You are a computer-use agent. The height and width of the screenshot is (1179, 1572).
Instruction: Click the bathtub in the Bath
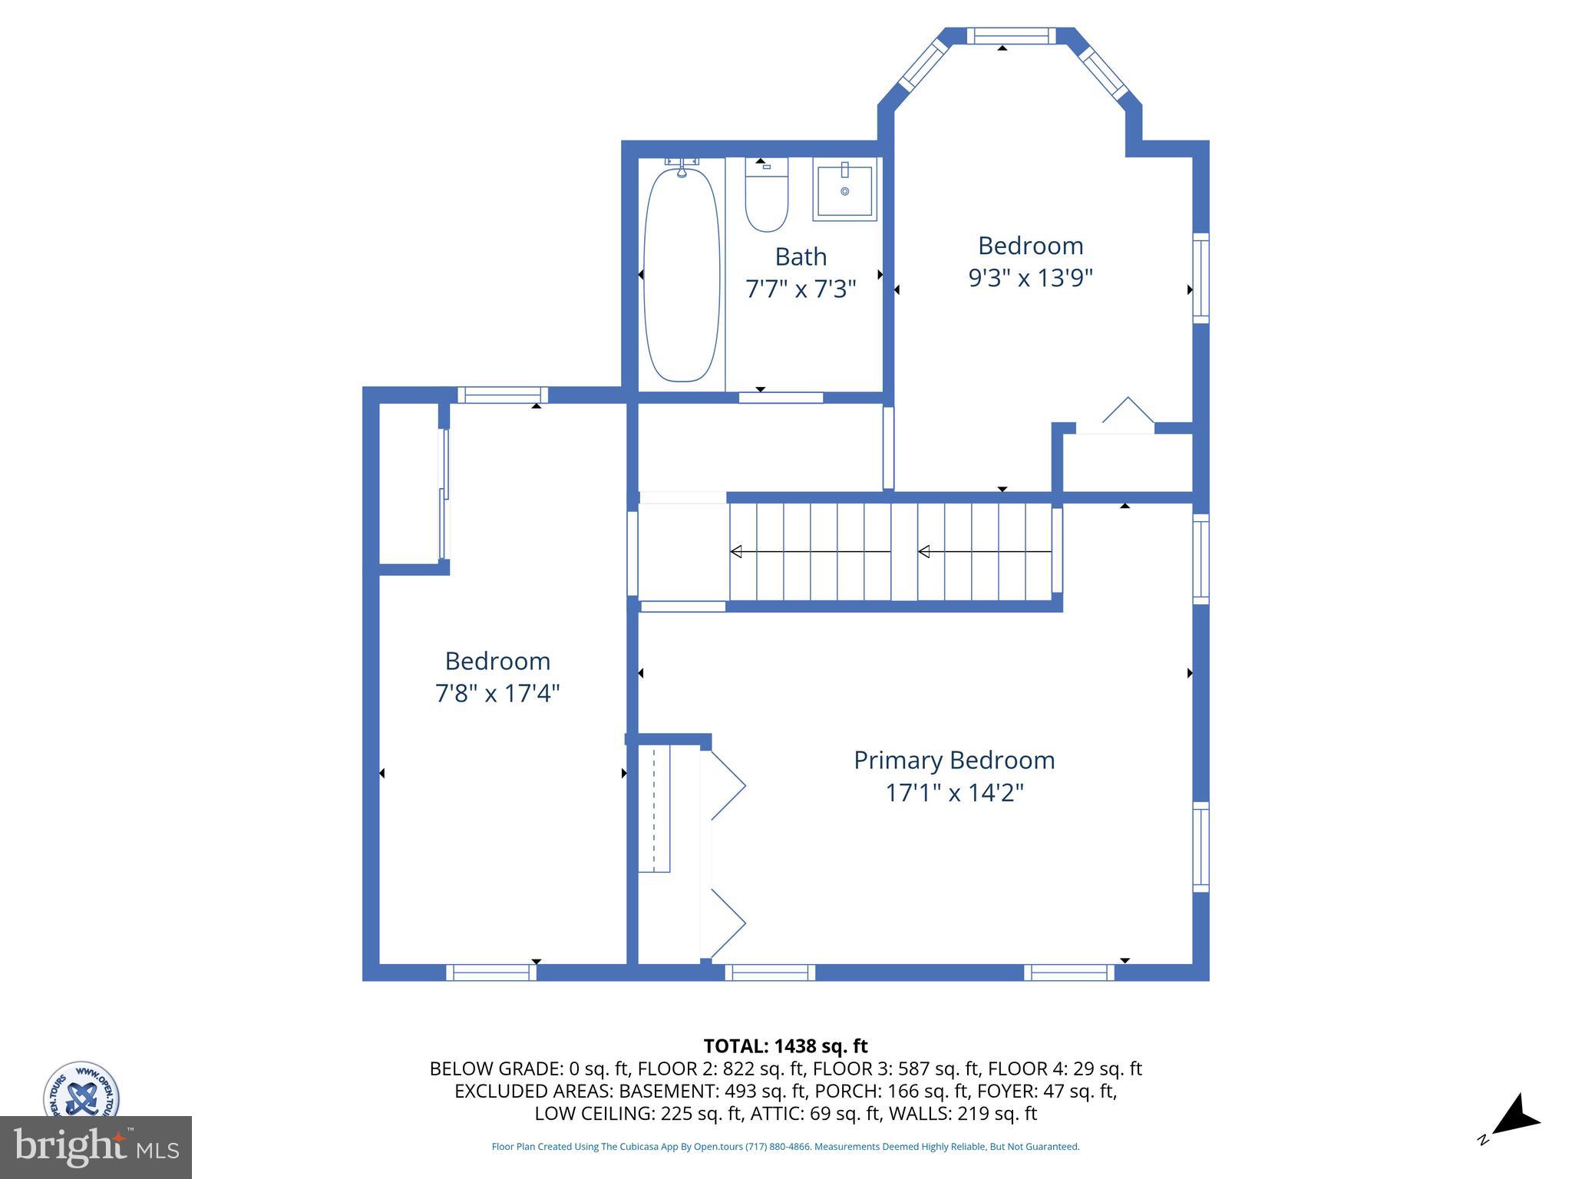[682, 274]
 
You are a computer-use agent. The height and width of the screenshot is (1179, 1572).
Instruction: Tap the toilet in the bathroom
[766, 195]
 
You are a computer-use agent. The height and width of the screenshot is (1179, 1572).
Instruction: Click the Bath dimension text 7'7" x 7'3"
[801, 289]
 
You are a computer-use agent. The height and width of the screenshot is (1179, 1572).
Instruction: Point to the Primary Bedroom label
[954, 760]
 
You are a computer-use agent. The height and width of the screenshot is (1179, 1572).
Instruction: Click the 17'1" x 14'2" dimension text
[955, 792]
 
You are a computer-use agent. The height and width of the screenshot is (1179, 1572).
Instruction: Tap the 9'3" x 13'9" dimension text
[1030, 277]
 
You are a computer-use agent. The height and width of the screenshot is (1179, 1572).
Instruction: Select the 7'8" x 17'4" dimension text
[497, 693]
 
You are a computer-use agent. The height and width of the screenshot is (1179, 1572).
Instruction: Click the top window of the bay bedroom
[1010, 35]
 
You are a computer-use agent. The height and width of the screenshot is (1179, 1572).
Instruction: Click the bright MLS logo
[96, 1147]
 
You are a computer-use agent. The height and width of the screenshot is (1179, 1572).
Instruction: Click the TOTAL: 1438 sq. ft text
[785, 1045]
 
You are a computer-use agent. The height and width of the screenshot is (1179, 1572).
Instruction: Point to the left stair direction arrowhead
[735, 551]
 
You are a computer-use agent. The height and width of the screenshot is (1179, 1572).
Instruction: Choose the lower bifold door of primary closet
[728, 923]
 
